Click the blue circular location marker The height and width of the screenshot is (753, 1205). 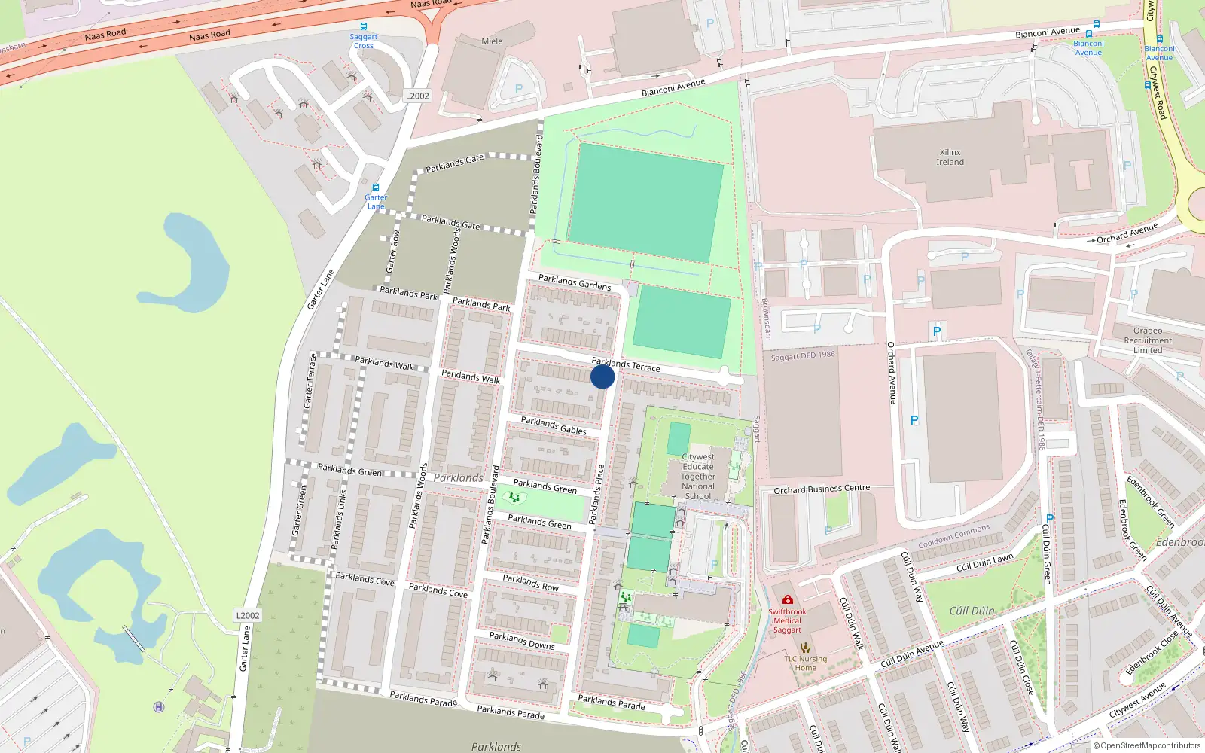click(x=602, y=376)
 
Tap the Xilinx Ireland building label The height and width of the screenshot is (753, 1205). click(x=950, y=157)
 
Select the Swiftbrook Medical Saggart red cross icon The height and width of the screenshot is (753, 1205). click(x=787, y=600)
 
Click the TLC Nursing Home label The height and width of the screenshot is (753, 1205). click(x=805, y=663)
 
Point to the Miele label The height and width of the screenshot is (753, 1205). click(x=492, y=41)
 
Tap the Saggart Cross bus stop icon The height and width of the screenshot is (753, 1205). click(x=364, y=26)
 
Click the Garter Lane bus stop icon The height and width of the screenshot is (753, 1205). click(x=376, y=187)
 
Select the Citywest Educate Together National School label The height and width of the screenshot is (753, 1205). click(x=698, y=476)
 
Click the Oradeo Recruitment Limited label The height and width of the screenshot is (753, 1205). click(x=1147, y=340)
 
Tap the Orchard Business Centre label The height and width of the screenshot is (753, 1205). click(x=821, y=489)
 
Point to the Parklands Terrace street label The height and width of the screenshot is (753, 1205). click(x=625, y=365)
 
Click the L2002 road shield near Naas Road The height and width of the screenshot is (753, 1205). click(x=417, y=96)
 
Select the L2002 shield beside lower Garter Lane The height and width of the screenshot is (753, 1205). click(x=248, y=615)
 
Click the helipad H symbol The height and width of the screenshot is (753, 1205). click(x=159, y=707)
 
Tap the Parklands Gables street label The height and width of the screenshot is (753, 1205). click(x=554, y=425)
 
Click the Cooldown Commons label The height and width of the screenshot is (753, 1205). click(x=953, y=537)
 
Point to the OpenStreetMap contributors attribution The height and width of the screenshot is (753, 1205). click(x=1146, y=745)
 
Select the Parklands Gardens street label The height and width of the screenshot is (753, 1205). click(x=574, y=282)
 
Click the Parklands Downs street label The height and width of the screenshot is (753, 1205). click(x=521, y=641)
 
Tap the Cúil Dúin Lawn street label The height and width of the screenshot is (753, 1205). click(x=984, y=562)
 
